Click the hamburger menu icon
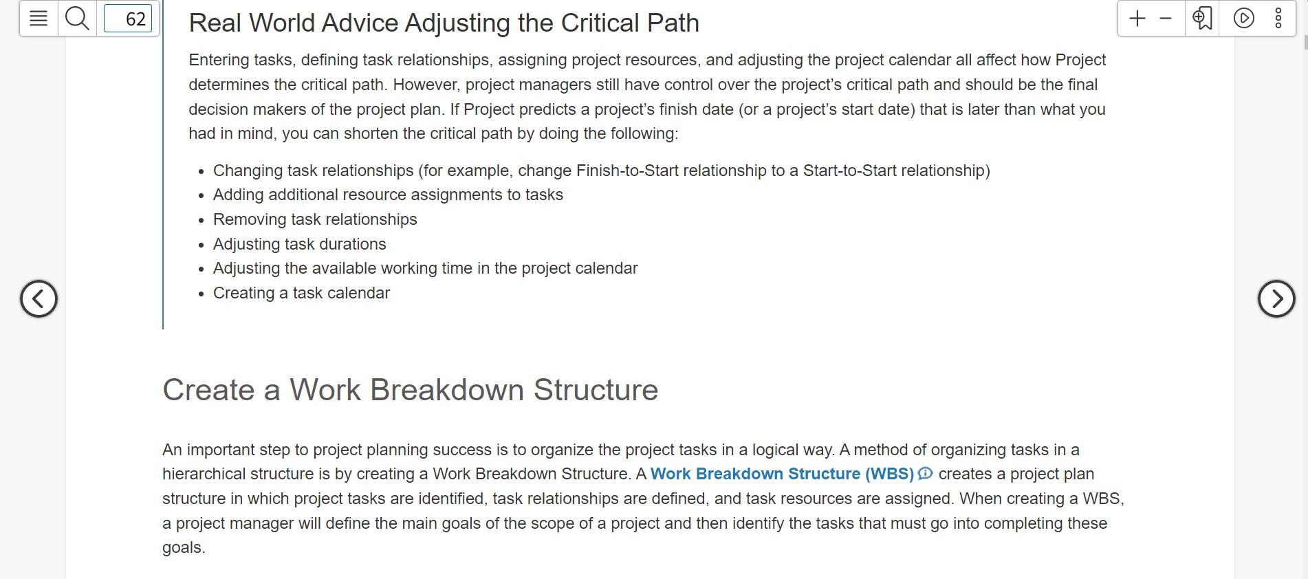[39, 19]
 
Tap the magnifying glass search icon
[77, 19]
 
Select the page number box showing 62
[128, 19]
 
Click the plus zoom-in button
[1137, 19]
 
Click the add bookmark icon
[1202, 19]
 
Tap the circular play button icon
[1243, 19]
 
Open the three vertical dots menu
[1278, 19]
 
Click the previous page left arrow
[39, 298]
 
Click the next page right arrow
[1276, 298]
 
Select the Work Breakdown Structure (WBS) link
[782, 474]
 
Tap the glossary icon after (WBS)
[926, 473]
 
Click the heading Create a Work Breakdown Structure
[410, 390]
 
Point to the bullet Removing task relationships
[315, 219]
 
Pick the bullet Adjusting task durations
[300, 244]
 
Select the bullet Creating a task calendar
[301, 293]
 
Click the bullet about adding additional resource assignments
[388, 195]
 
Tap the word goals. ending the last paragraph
[184, 548]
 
